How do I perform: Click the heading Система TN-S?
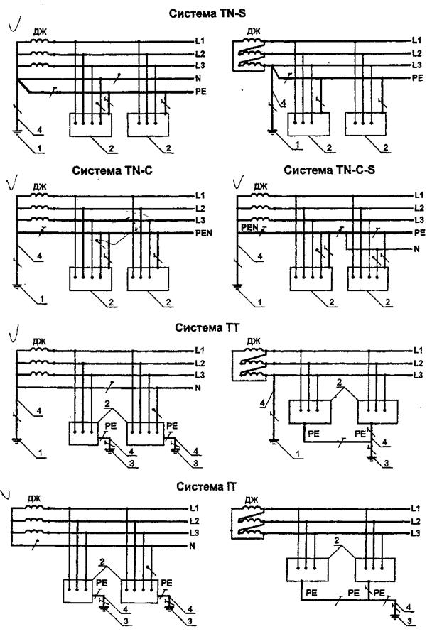tap(207, 13)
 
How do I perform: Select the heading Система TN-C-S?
tap(329, 170)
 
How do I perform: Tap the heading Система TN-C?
tap(112, 170)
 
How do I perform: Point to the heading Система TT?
tap(207, 327)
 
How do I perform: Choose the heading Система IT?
tap(206, 486)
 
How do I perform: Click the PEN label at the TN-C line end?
tap(203, 233)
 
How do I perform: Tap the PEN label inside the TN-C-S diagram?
tap(249, 227)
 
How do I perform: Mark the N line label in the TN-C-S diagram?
tap(417, 249)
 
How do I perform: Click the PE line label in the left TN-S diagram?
tap(201, 92)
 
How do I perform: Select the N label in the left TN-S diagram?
tap(198, 78)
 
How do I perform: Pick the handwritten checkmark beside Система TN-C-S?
tap(239, 183)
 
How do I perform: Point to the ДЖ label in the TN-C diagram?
tap(40, 187)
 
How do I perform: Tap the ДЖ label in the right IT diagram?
tap(252, 500)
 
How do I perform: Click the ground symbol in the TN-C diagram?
tap(16, 286)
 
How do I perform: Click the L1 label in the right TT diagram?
tap(418, 350)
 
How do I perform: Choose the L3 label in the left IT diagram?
tap(195, 532)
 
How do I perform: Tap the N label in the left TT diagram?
tap(198, 388)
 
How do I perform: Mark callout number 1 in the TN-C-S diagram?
tap(260, 302)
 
